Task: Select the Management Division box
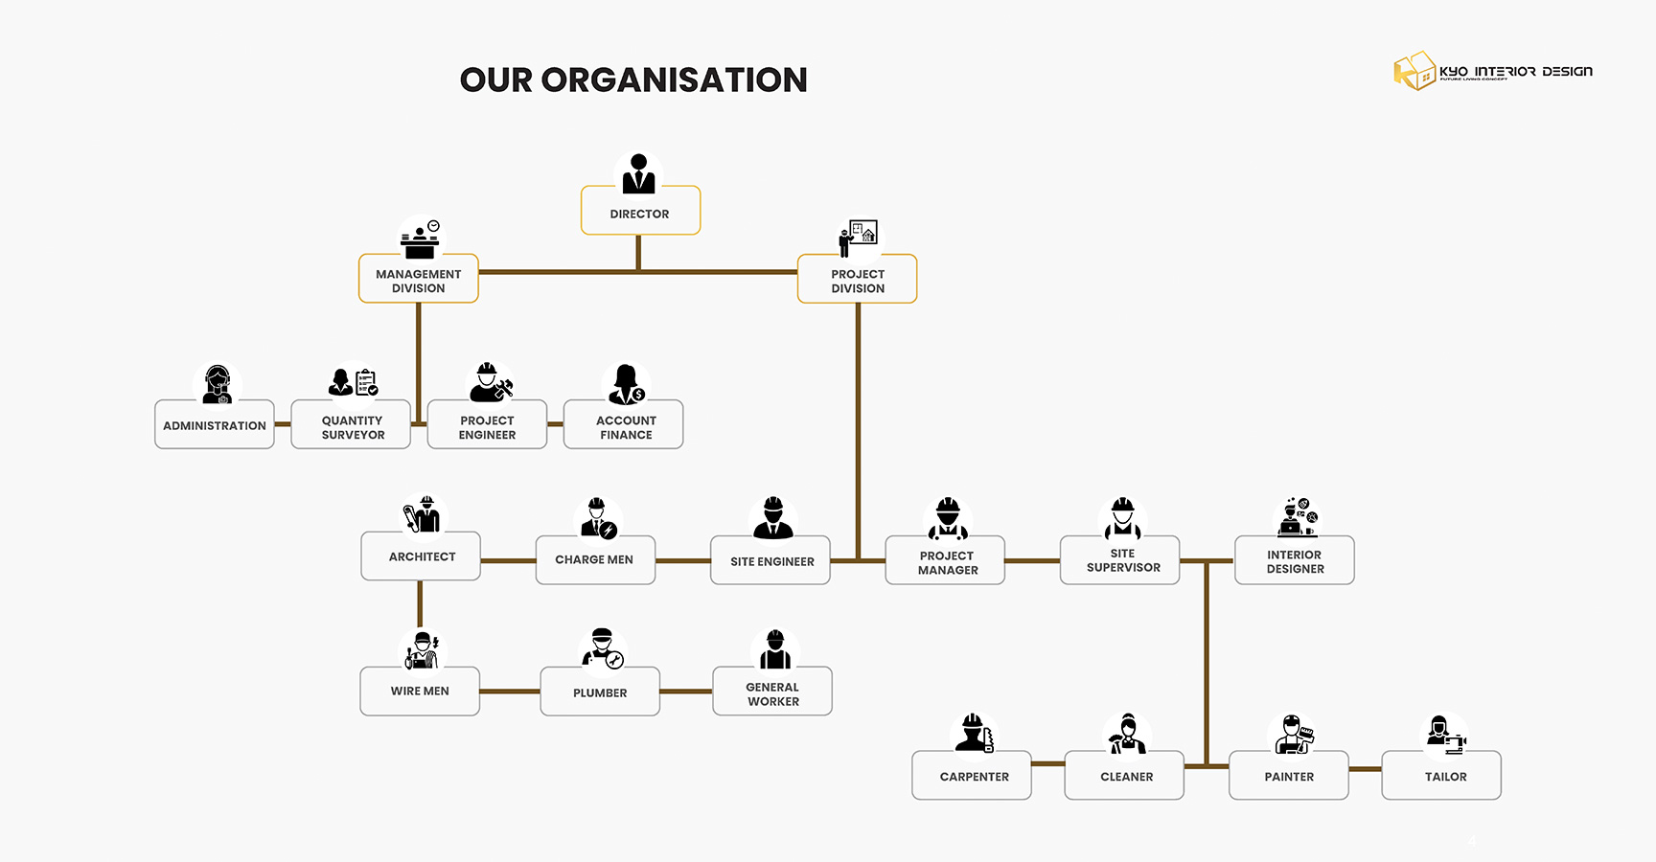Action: point(418,280)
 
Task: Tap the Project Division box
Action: point(857,280)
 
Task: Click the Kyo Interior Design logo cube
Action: point(1414,71)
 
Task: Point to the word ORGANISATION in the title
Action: point(674,79)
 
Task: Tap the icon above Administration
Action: point(218,384)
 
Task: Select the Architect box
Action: point(421,556)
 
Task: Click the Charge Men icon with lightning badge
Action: point(599,518)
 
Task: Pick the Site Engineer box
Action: point(770,560)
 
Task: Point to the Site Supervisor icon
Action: point(1122,518)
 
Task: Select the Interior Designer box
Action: point(1294,560)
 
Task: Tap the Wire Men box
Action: point(420,691)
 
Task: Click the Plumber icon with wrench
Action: point(603,648)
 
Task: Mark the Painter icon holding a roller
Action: point(1293,734)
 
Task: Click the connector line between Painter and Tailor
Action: point(1365,768)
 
